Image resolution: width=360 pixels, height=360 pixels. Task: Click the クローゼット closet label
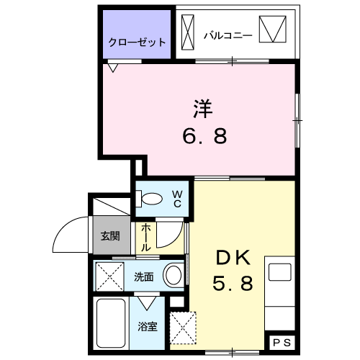click(138, 42)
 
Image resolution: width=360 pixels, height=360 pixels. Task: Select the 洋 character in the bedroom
click(202, 109)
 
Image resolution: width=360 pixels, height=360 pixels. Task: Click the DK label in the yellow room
click(232, 258)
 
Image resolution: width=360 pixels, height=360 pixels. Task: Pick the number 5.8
click(232, 284)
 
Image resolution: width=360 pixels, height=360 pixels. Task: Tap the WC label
click(176, 199)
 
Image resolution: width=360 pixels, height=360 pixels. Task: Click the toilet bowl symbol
click(151, 199)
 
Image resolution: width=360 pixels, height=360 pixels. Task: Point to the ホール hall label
click(145, 237)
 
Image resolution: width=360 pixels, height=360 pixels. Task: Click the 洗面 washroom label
click(143, 274)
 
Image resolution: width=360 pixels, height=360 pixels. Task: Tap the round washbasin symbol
click(173, 274)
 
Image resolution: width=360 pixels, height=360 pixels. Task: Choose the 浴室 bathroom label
click(147, 325)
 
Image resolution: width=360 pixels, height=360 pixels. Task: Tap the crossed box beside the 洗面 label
click(111, 274)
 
